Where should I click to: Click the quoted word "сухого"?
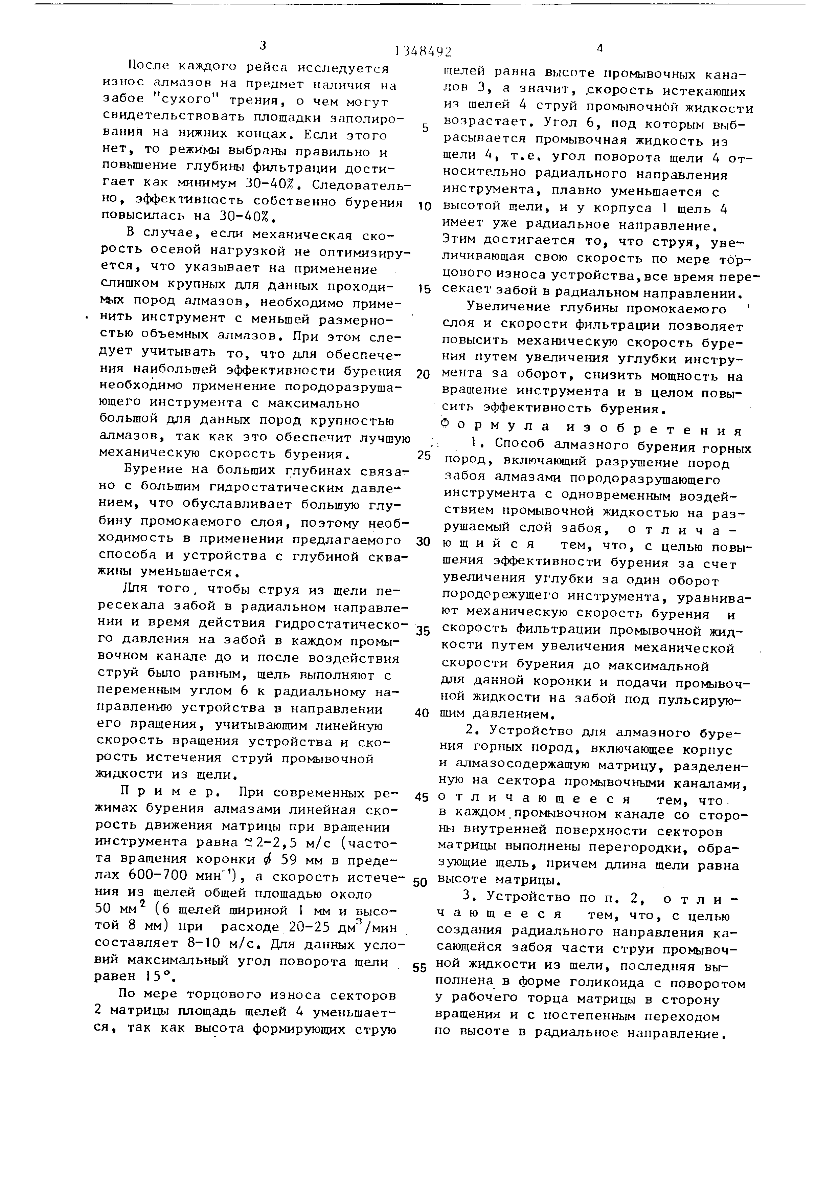(x=182, y=101)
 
